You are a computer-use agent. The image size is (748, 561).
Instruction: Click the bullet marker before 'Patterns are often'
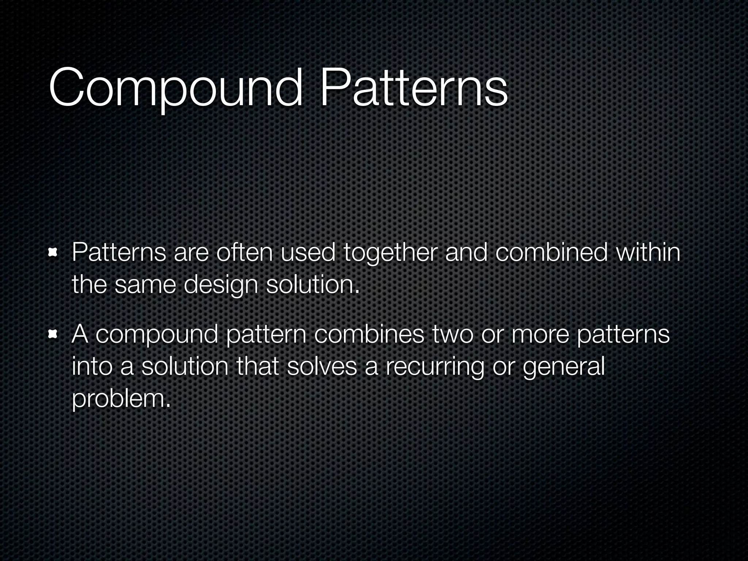[53, 252]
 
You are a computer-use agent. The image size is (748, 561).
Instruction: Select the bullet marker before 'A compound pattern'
[53, 334]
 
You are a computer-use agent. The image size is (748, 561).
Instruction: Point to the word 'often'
[244, 252]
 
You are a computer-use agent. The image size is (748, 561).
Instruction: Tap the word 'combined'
[552, 252]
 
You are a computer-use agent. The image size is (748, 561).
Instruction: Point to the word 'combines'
[369, 334]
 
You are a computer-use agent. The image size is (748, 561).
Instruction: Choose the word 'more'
[540, 334]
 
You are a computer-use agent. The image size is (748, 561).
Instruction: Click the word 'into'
[92, 366]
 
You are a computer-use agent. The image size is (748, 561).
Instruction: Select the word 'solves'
[322, 366]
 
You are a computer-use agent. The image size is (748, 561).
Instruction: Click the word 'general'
[564, 367]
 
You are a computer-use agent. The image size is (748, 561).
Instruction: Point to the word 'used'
[308, 252]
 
